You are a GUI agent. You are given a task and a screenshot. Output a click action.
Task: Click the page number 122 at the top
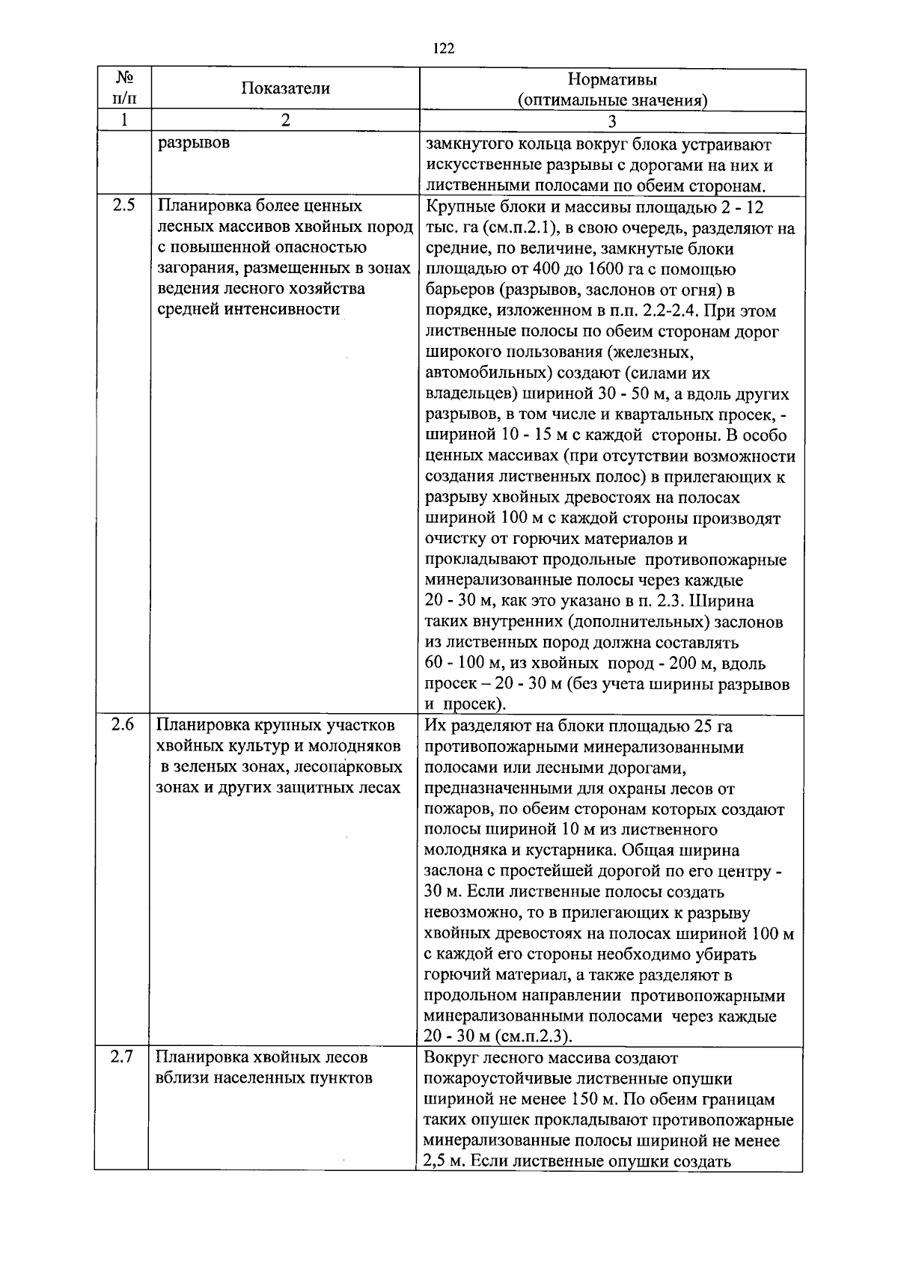click(444, 49)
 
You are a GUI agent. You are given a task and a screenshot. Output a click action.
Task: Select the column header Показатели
click(285, 88)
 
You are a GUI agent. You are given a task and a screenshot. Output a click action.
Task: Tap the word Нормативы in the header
click(612, 79)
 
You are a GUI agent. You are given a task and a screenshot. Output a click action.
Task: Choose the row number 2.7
click(122, 1058)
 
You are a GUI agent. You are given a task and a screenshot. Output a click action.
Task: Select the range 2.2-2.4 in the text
click(709, 311)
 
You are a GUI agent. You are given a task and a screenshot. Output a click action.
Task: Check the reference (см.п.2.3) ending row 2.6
click(534, 1037)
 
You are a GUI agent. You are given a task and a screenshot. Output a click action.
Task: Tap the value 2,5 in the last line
click(434, 1163)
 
